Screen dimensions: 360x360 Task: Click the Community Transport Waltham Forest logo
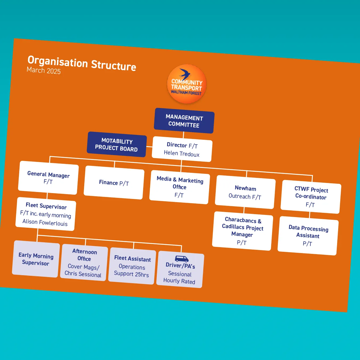(187, 84)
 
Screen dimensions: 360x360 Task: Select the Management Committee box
(184, 121)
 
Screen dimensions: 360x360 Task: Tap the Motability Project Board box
(117, 145)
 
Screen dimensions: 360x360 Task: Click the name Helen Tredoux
(182, 154)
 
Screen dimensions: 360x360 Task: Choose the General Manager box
(48, 178)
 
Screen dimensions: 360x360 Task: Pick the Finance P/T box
(114, 183)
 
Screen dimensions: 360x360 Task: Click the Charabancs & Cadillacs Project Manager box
(242, 231)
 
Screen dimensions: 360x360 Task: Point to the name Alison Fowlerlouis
(45, 222)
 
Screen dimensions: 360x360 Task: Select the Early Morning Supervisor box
(36, 259)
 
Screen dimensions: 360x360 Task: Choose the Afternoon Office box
(84, 263)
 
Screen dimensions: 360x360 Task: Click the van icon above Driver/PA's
(182, 259)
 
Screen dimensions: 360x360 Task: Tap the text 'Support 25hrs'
(131, 274)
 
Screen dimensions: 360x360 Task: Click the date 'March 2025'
(44, 70)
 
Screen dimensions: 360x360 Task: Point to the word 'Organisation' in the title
(58, 62)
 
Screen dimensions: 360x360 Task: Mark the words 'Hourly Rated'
(179, 281)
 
